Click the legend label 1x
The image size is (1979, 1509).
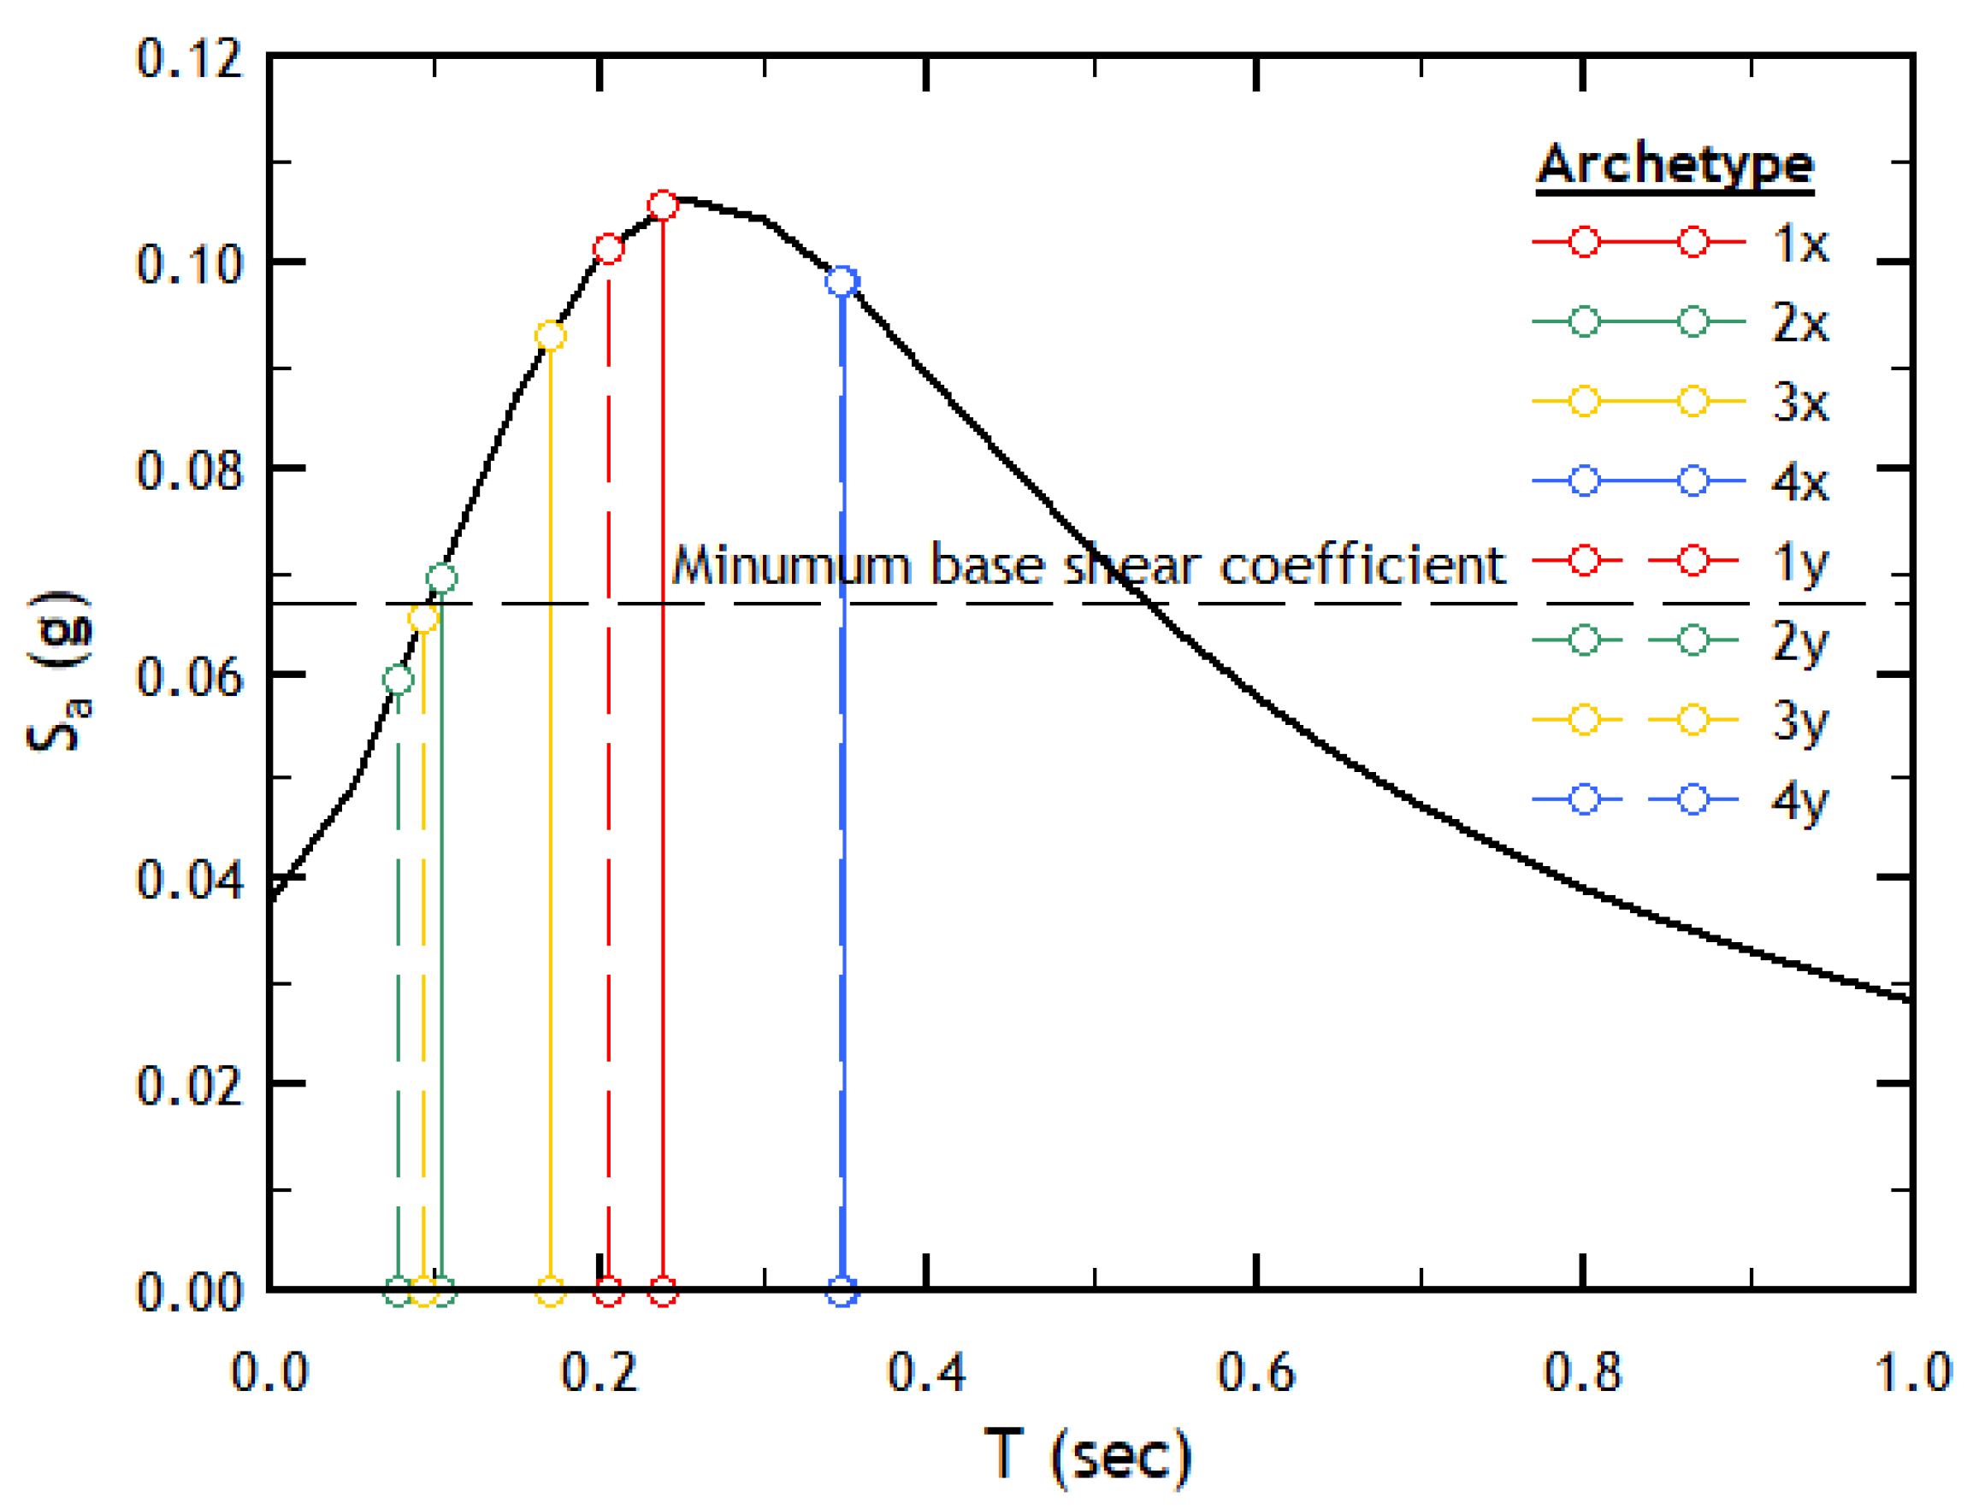1799,244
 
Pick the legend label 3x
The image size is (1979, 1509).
1799,403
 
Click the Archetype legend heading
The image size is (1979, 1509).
1675,165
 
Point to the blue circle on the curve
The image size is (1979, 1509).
842,282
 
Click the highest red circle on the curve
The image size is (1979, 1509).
663,206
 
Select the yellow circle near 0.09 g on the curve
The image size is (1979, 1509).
551,336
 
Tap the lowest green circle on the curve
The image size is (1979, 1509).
399,679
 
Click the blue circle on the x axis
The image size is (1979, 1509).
842,1293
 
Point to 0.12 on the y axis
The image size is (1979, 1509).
190,59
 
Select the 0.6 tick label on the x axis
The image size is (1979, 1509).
1255,1372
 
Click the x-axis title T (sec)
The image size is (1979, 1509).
1088,1455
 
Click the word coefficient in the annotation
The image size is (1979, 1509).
1362,566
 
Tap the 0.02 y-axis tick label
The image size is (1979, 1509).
190,1086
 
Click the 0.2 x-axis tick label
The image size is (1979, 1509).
600,1372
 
